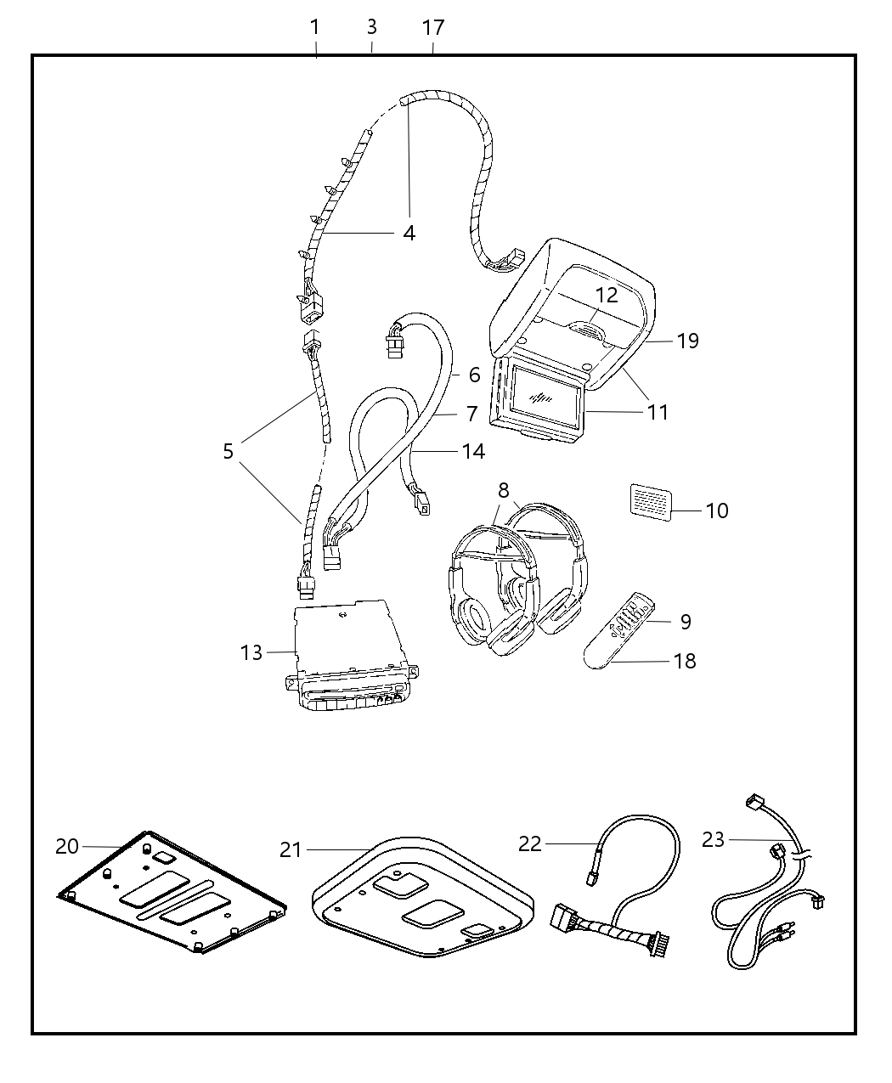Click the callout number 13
pos(251,652)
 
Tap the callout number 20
pos(67,846)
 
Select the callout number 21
pos(291,849)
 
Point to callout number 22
pos(530,843)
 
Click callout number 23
pos(714,839)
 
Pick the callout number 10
pos(717,510)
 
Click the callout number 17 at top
pos(433,28)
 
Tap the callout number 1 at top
pos(314,27)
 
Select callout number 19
pos(687,341)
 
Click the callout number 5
pos(228,451)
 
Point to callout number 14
pos(473,451)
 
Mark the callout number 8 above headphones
pos(504,490)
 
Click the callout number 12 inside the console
pos(607,296)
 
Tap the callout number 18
pos(685,661)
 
